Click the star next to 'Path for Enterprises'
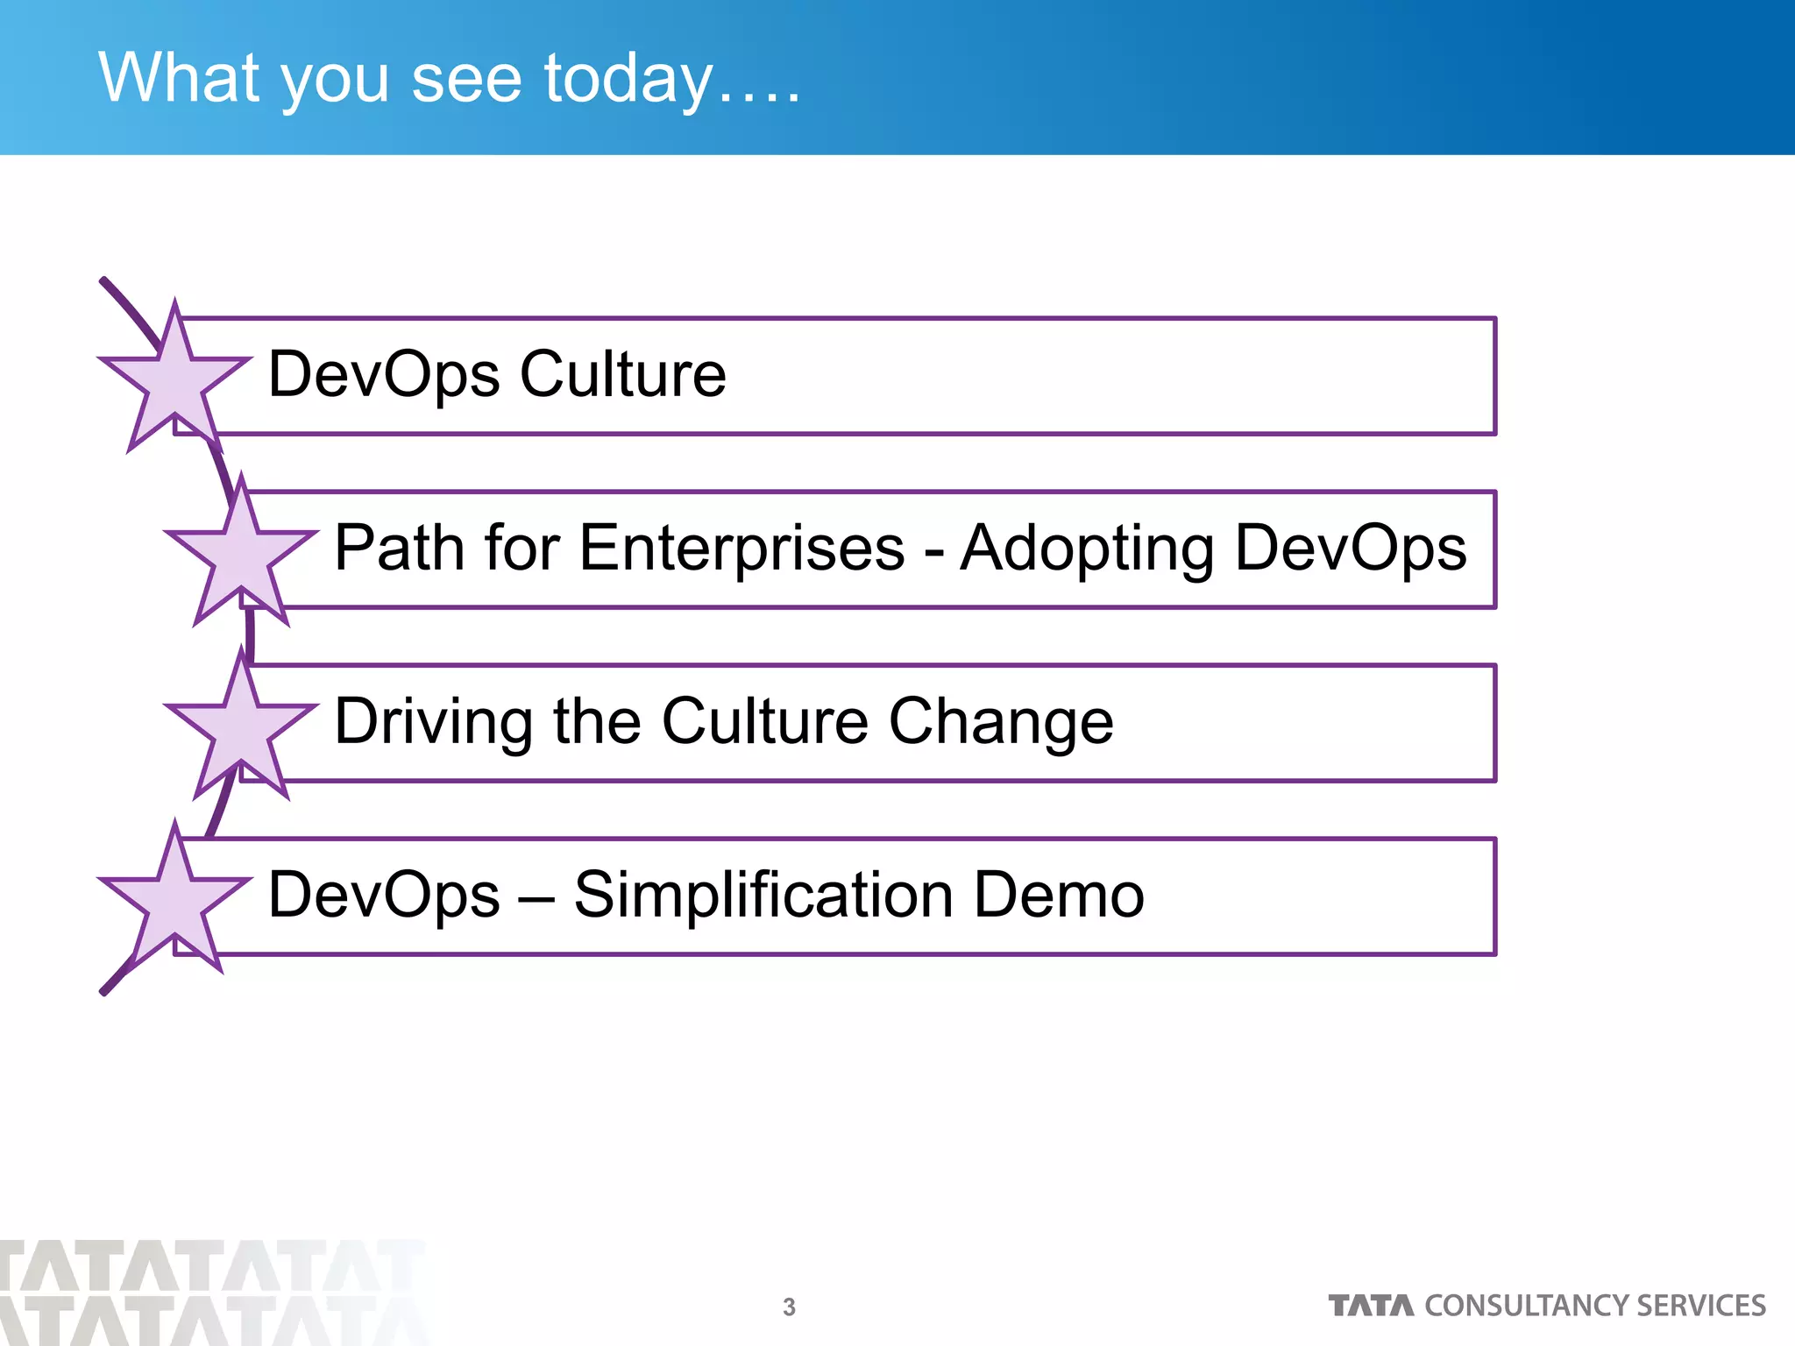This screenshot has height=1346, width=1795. (x=241, y=552)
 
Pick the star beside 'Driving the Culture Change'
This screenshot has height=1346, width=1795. (x=241, y=726)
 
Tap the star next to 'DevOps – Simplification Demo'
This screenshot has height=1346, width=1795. (x=175, y=899)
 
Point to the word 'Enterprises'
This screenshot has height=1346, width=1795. (x=741, y=548)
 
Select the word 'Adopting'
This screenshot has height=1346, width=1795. (x=1087, y=549)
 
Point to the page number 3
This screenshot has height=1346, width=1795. (x=789, y=1307)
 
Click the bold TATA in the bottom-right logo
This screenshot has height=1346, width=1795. (x=1371, y=1306)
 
